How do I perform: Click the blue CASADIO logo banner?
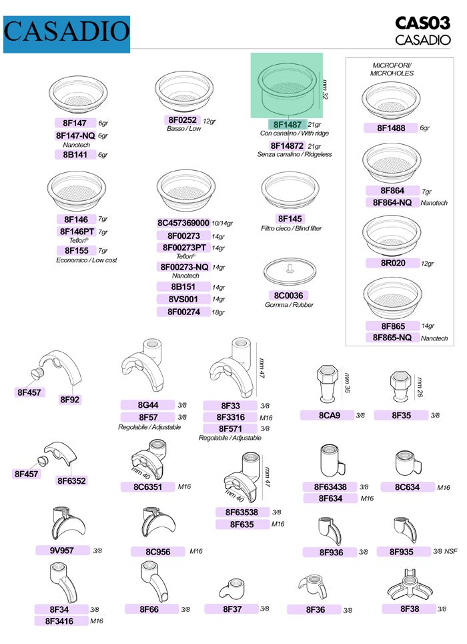click(x=67, y=35)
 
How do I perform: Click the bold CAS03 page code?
click(x=423, y=23)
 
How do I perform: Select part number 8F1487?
click(x=288, y=124)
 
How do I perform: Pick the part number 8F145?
click(x=290, y=218)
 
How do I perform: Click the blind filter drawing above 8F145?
click(x=290, y=190)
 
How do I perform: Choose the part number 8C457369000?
click(x=183, y=223)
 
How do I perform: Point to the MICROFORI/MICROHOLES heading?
click(x=392, y=69)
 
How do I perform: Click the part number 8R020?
click(x=393, y=263)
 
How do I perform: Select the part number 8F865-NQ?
click(x=392, y=337)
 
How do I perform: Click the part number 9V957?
click(x=62, y=550)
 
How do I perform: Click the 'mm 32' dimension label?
click(x=326, y=89)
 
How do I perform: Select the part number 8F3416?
click(x=59, y=621)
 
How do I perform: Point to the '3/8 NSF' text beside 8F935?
click(x=445, y=551)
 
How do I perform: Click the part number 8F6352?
click(x=71, y=480)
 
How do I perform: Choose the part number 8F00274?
click(x=183, y=312)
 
